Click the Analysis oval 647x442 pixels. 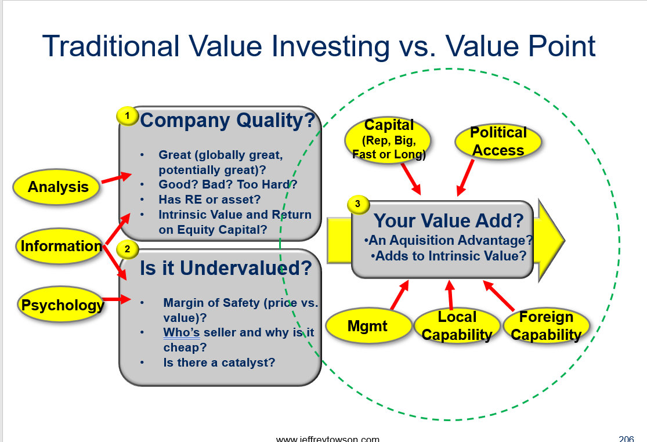tap(56, 187)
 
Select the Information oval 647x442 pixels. tap(59, 246)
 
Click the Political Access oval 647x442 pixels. tap(498, 142)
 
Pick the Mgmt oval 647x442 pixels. tap(368, 326)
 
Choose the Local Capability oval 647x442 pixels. tap(457, 326)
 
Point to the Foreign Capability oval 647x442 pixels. tap(546, 326)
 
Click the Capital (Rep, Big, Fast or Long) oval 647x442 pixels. tap(388, 140)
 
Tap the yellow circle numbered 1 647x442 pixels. tap(127, 116)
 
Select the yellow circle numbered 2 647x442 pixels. tap(128, 249)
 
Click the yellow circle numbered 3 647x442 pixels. tap(358, 204)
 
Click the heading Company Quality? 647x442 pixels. tap(228, 121)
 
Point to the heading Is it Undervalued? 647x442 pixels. tap(226, 268)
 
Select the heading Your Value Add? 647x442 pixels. tap(449, 220)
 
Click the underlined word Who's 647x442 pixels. tap(182, 332)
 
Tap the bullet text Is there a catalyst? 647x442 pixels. tap(219, 363)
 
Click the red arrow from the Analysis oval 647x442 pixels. tap(117, 177)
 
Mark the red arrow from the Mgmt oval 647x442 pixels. tap(399, 295)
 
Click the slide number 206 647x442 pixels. tap(626, 439)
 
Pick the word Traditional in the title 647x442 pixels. tap(111, 46)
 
